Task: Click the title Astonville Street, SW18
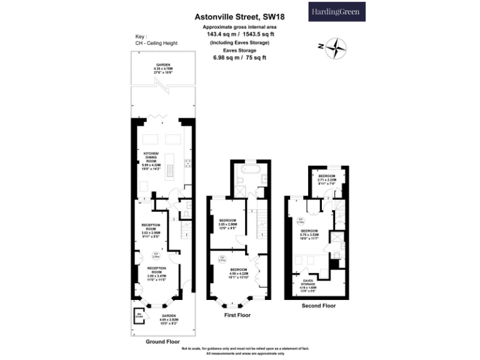click(x=240, y=18)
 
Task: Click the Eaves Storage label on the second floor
click(x=309, y=285)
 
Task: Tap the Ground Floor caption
click(x=162, y=342)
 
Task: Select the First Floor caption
click(x=237, y=316)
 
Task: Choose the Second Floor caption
click(x=317, y=306)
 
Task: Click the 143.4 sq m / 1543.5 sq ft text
click(x=240, y=35)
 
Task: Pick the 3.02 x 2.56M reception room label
click(x=151, y=229)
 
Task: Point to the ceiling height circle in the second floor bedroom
click(x=301, y=221)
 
